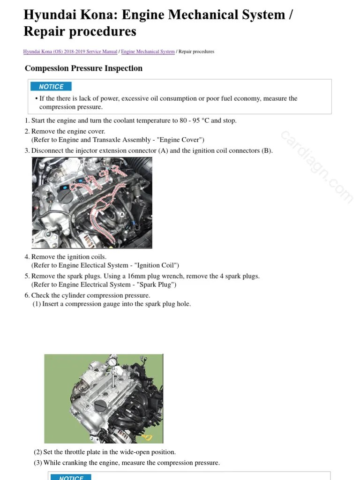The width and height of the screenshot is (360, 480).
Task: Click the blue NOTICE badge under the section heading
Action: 51,86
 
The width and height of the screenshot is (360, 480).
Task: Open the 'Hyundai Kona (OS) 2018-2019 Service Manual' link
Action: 70,52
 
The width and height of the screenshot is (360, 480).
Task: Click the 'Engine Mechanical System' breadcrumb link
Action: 148,52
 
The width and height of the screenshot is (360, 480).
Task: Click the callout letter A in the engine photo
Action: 122,214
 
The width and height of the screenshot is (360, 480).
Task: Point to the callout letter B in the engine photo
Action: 82,161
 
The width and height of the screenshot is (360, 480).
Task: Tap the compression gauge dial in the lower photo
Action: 112,362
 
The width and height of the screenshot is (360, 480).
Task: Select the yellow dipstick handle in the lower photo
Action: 148,438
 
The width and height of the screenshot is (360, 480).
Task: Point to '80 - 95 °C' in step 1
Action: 194,120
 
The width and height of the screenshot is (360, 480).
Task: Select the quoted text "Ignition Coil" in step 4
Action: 157,265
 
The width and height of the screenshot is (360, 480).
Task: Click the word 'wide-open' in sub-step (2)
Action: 127,452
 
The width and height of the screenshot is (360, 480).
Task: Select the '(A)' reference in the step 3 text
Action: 163,150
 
